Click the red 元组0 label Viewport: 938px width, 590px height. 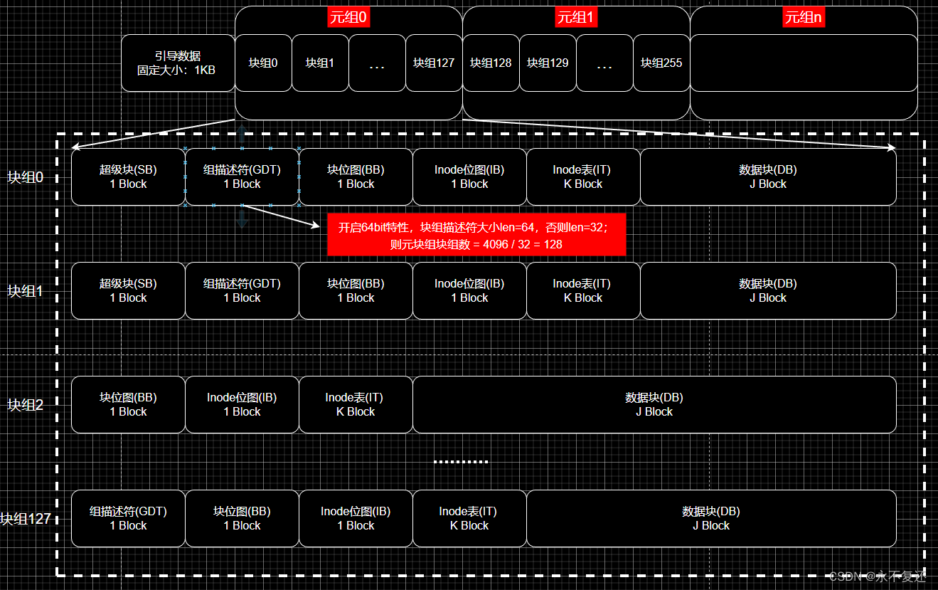348,18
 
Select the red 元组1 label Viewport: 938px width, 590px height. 576,18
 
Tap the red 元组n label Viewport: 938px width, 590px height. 804,18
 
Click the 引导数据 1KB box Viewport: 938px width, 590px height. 177,63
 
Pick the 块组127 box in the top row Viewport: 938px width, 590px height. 434,63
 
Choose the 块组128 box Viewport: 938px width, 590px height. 491,63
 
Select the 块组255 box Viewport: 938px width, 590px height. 661,63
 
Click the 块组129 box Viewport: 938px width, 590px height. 548,63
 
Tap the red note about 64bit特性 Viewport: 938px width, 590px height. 476,234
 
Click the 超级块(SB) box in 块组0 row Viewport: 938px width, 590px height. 128,177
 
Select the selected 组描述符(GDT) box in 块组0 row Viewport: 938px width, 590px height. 242,177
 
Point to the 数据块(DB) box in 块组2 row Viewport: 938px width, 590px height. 654,405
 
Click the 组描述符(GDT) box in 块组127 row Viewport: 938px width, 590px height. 128,519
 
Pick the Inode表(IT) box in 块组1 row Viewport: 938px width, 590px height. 583,291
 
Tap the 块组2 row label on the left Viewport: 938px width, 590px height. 26,405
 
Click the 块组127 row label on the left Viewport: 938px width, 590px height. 26,519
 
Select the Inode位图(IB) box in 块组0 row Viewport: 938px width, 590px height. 469,177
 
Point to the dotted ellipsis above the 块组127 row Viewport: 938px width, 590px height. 461,462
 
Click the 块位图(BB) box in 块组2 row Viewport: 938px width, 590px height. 128,405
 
